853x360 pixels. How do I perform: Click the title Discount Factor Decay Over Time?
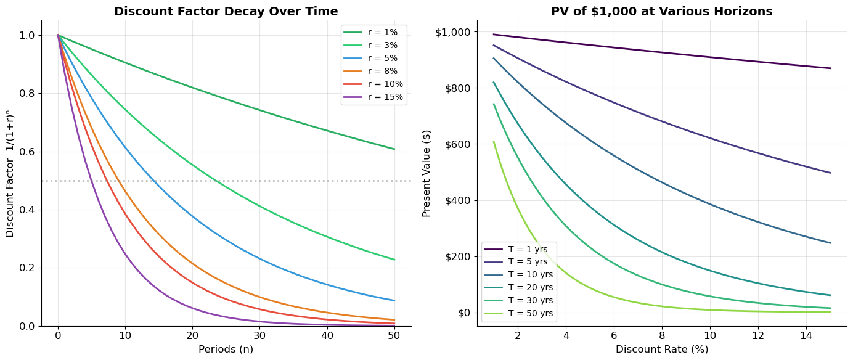click(x=226, y=11)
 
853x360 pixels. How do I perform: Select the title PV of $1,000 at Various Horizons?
click(x=661, y=11)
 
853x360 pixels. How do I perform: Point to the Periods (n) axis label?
click(x=226, y=349)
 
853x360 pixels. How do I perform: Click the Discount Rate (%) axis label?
click(x=661, y=349)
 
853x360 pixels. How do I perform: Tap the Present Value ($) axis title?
click(x=426, y=173)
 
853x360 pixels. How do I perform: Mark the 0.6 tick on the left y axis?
click(x=27, y=152)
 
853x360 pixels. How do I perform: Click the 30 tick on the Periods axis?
click(x=259, y=335)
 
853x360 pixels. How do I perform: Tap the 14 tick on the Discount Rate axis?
click(x=806, y=335)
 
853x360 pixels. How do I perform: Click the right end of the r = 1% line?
click(x=394, y=149)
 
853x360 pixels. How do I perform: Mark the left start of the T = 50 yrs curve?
click(x=494, y=142)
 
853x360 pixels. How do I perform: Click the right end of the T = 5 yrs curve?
click(x=830, y=173)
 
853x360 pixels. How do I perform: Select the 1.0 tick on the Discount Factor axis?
click(x=27, y=35)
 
